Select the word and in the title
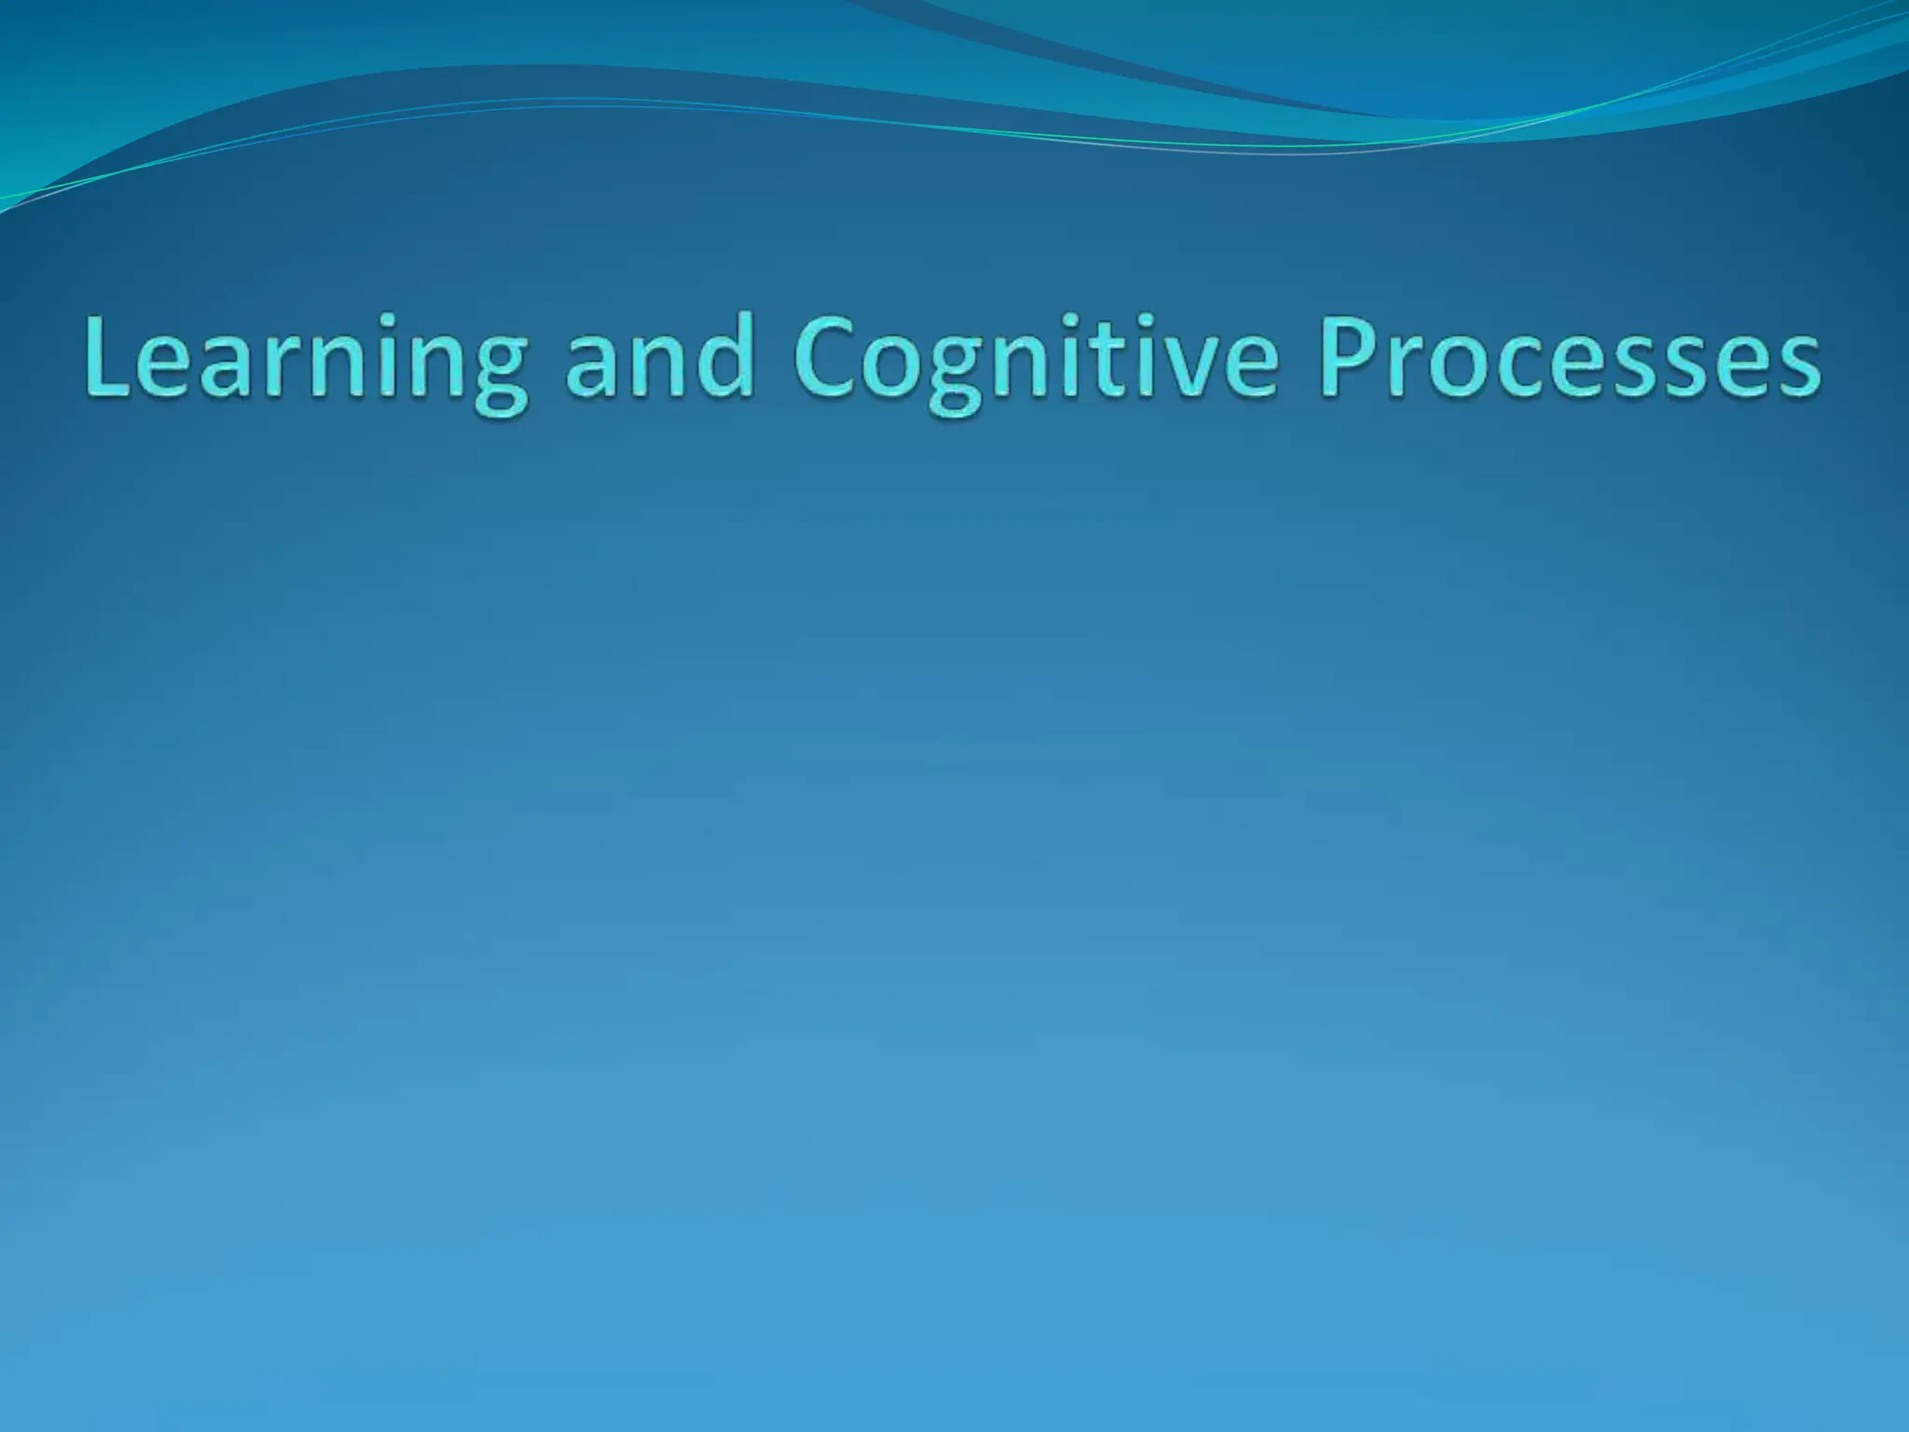click(x=660, y=360)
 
